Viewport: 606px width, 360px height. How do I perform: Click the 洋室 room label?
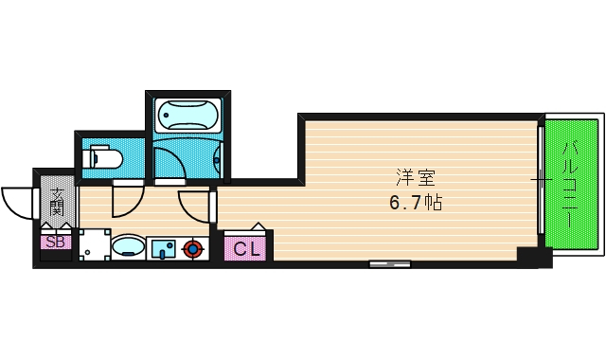click(409, 176)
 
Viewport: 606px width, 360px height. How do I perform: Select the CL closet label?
click(246, 249)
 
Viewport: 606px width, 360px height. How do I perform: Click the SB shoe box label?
click(55, 242)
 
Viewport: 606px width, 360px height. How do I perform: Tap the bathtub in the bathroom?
click(188, 115)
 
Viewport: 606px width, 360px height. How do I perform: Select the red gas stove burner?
click(193, 249)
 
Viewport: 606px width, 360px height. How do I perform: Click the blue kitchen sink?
click(163, 249)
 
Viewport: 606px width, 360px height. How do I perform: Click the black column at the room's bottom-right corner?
click(526, 256)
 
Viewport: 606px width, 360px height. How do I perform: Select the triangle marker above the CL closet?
click(258, 227)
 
